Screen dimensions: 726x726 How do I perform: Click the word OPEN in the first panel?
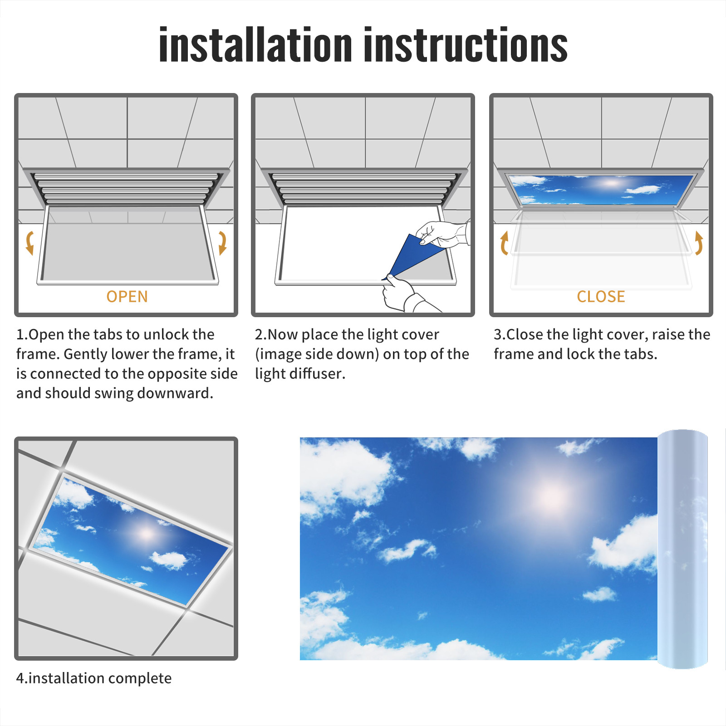[x=127, y=297]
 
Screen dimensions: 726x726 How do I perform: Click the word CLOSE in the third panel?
[x=601, y=297]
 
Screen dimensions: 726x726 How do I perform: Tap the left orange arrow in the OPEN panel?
[x=30, y=243]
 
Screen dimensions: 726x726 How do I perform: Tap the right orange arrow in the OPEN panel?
[x=222, y=243]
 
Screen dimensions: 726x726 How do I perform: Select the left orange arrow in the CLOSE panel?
[x=504, y=243]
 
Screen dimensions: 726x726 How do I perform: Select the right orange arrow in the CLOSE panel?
[x=699, y=243]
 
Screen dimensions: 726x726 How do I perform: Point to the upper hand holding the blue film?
[x=442, y=234]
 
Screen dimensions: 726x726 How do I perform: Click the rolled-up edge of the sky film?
[x=682, y=549]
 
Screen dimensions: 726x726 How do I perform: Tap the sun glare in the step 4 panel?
[x=146, y=533]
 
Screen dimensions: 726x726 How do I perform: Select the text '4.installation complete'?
[x=94, y=678]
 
